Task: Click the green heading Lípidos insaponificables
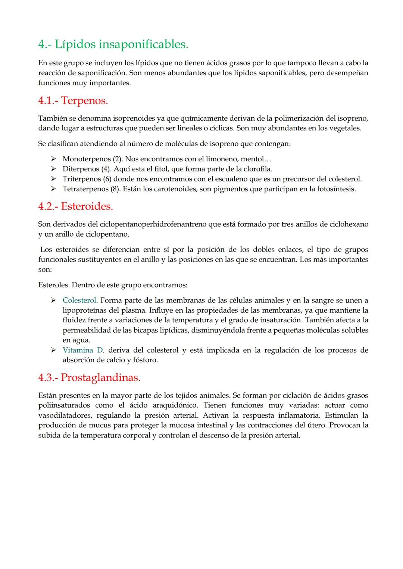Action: click(113, 45)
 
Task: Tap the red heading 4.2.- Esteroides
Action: click(75, 206)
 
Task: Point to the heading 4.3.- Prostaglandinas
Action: click(89, 377)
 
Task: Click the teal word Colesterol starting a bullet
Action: click(79, 300)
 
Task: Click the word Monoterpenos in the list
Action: click(87, 159)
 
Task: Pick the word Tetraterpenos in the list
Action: click(85, 189)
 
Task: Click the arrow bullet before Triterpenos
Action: click(53, 179)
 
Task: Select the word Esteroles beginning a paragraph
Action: click(53, 285)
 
